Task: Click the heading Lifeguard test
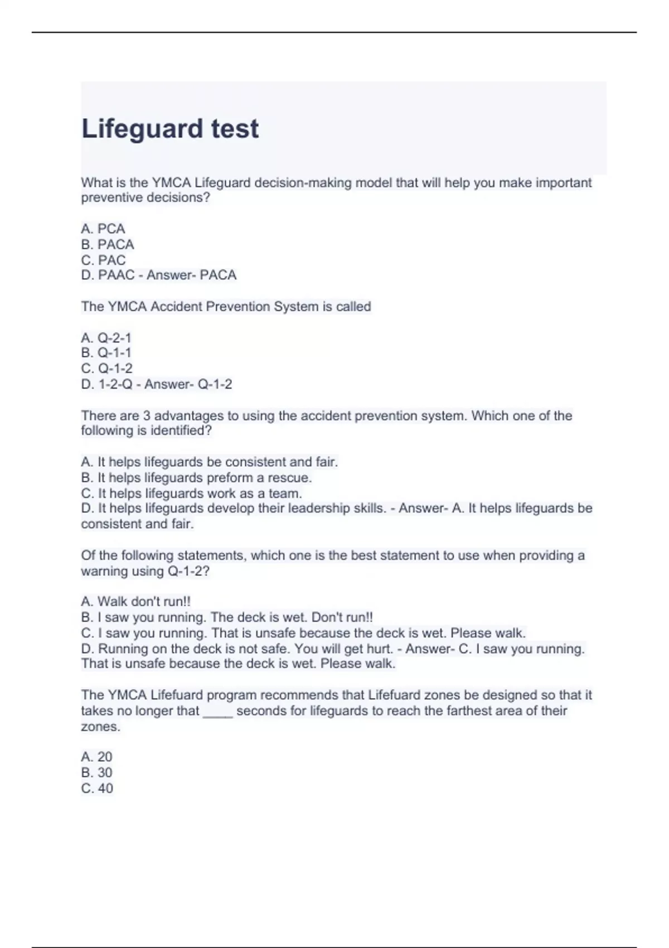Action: (170, 129)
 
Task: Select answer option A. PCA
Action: (103, 229)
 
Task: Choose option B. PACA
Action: (108, 244)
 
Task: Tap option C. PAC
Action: (103, 260)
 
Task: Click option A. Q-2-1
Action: (106, 338)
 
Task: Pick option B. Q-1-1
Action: (106, 353)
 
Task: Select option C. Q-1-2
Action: (106, 369)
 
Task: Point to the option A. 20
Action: (96, 757)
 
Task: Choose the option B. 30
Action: (96, 772)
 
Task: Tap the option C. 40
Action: (97, 788)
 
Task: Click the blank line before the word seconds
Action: (217, 712)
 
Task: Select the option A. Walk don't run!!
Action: (135, 602)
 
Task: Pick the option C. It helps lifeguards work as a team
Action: (191, 494)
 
